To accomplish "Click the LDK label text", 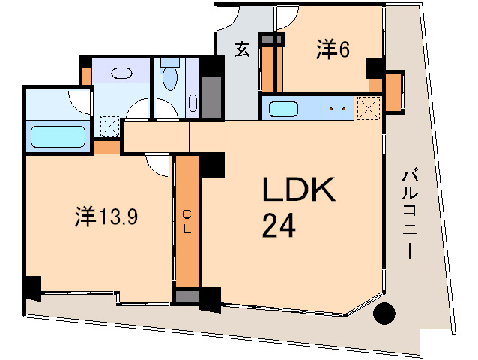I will click(x=297, y=190).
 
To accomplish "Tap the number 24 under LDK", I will click(x=276, y=224).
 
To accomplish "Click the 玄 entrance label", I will click(x=242, y=49).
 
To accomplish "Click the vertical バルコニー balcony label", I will click(x=410, y=214).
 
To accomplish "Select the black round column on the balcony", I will click(x=384, y=313).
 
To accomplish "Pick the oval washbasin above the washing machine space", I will click(x=121, y=73).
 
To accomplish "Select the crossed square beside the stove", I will click(x=367, y=108).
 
